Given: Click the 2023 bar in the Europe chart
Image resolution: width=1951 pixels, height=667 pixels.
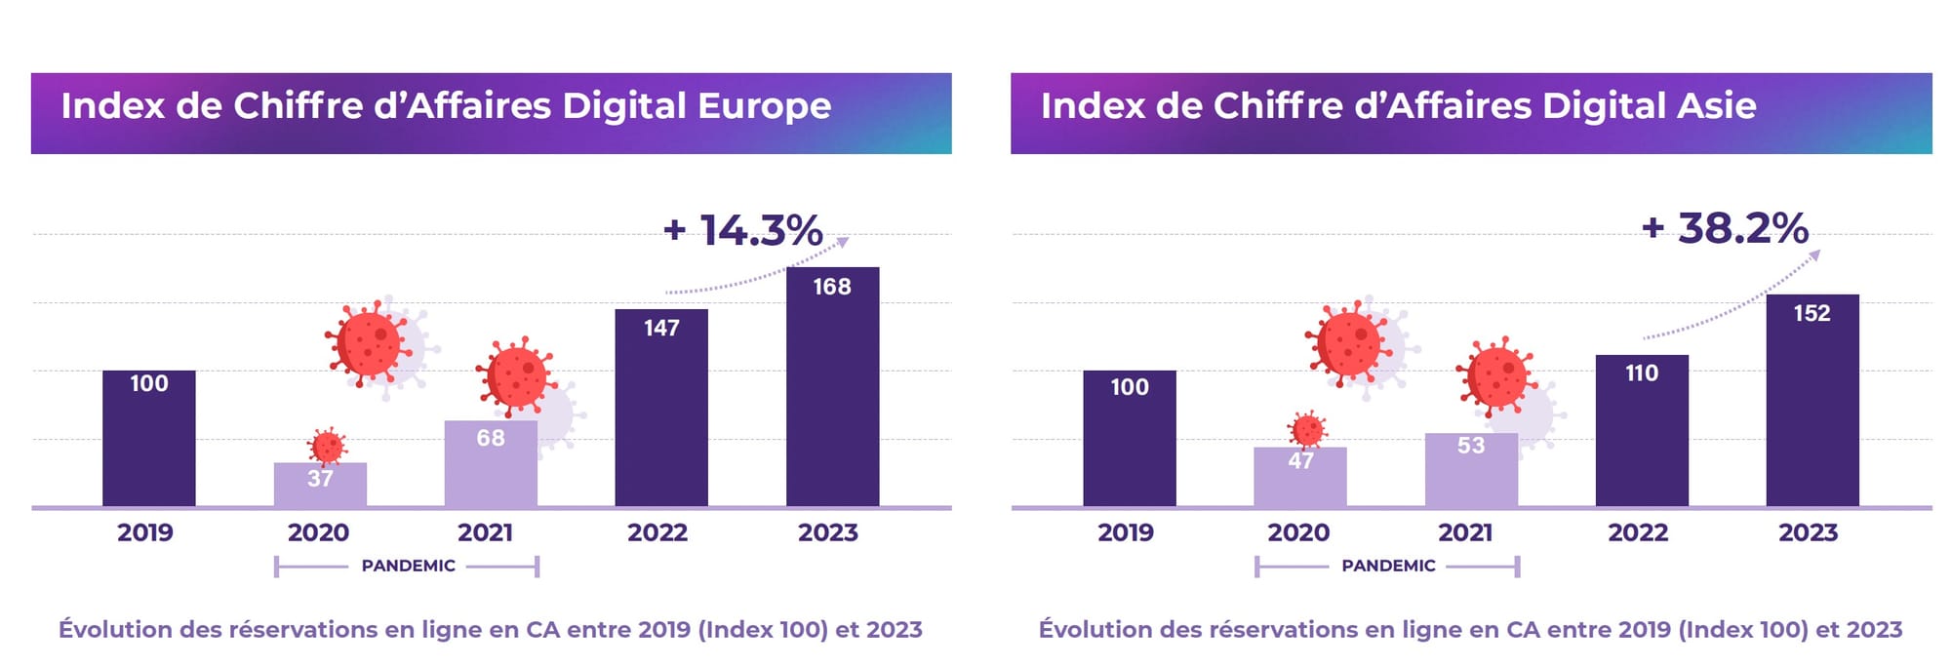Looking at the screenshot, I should click(x=832, y=390).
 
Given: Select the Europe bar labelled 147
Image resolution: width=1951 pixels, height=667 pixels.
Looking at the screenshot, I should click(x=661, y=410).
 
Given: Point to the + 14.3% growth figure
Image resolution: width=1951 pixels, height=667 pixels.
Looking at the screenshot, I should click(x=743, y=230).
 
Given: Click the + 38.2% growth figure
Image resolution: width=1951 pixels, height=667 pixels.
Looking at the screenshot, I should click(x=1726, y=228).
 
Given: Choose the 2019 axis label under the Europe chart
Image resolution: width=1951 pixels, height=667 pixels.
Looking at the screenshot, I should click(x=145, y=532).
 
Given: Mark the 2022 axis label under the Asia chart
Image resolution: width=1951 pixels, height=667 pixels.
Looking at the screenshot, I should click(x=1638, y=532).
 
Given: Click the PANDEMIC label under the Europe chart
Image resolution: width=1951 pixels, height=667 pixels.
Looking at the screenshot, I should click(x=408, y=566).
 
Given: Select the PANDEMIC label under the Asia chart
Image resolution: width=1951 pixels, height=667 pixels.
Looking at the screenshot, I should click(x=1388, y=566).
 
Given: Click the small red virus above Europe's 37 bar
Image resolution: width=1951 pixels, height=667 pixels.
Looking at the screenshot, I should click(x=327, y=447).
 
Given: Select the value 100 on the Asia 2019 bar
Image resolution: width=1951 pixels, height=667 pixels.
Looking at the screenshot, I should click(x=1130, y=387).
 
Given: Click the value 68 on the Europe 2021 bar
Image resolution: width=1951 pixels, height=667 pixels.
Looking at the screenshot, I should click(x=491, y=438).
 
